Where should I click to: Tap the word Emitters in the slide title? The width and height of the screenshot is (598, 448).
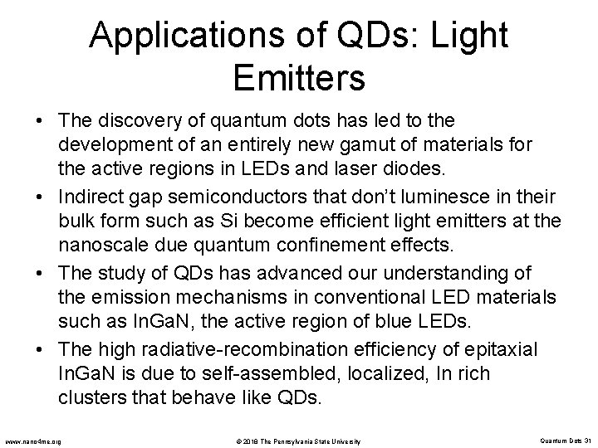tap(299, 78)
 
